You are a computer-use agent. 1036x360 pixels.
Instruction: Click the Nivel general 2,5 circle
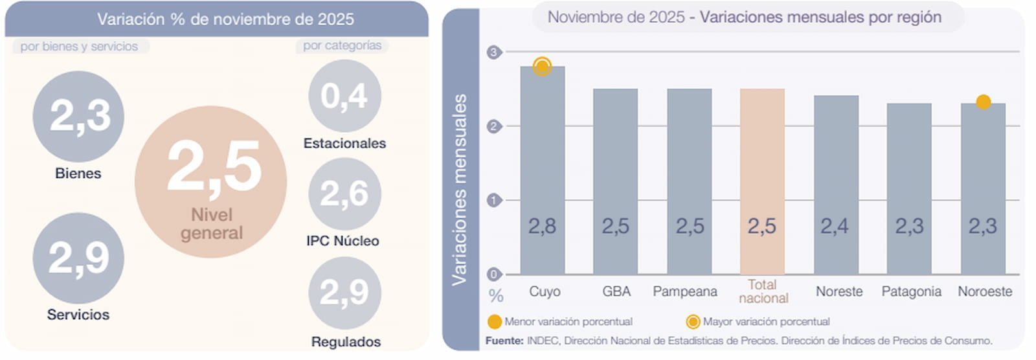210,182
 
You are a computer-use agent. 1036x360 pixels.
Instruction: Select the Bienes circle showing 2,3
78,117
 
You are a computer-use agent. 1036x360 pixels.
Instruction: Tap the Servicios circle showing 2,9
78,258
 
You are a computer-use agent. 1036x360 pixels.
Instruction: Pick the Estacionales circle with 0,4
344,96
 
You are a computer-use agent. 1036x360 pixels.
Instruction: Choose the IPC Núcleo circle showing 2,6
344,194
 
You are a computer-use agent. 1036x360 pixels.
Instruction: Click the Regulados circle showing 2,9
344,293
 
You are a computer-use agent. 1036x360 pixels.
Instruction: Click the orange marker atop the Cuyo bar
543,66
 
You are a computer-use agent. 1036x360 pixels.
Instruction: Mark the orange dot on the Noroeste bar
983,102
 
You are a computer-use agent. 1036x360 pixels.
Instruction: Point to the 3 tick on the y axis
494,52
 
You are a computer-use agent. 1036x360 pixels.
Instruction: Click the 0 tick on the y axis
494,275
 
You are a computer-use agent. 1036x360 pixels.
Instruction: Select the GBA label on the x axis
616,291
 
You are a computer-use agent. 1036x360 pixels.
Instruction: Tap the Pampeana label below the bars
684,291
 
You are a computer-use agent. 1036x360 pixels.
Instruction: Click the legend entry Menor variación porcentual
561,322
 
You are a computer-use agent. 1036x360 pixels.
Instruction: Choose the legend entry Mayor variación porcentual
759,322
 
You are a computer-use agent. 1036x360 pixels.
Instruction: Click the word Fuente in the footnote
504,341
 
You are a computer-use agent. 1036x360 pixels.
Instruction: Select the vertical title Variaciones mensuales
459,189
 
